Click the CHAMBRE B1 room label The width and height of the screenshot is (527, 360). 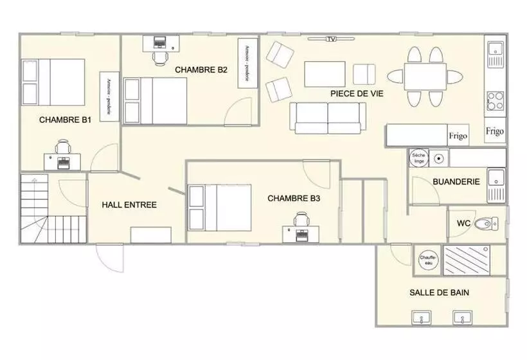pyautogui.click(x=65, y=120)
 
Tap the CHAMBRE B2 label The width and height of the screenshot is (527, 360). pyautogui.click(x=201, y=70)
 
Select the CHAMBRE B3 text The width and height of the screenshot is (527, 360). pyautogui.click(x=294, y=199)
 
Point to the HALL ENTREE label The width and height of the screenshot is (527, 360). pyautogui.click(x=129, y=205)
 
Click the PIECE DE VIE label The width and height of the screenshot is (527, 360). pyautogui.click(x=357, y=93)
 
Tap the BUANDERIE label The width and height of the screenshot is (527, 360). pyautogui.click(x=456, y=182)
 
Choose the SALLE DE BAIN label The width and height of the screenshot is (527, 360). pyautogui.click(x=439, y=292)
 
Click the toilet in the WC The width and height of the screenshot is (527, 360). pyautogui.click(x=490, y=224)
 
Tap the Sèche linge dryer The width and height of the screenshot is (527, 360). pyautogui.click(x=418, y=158)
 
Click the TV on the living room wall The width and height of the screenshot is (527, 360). pyautogui.click(x=331, y=40)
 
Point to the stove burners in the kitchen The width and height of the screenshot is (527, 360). pyautogui.click(x=495, y=101)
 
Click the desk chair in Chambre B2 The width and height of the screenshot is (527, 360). pyautogui.click(x=160, y=57)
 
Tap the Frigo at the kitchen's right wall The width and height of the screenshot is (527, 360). pyautogui.click(x=494, y=130)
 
